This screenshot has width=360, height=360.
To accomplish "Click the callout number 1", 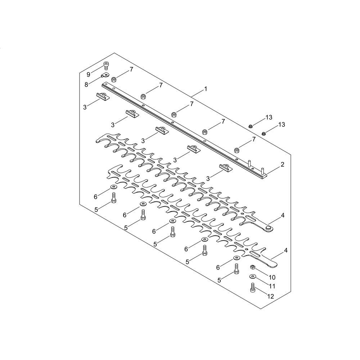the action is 206,89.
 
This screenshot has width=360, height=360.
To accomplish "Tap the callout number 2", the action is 282,165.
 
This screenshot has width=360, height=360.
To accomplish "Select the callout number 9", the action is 89,75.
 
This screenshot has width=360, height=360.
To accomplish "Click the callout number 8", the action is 86,85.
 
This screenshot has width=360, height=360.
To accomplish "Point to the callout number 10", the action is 272,277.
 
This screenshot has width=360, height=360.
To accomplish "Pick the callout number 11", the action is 272,286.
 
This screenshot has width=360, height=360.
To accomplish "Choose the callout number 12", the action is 271,296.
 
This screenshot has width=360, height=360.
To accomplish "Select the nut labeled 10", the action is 253,267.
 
